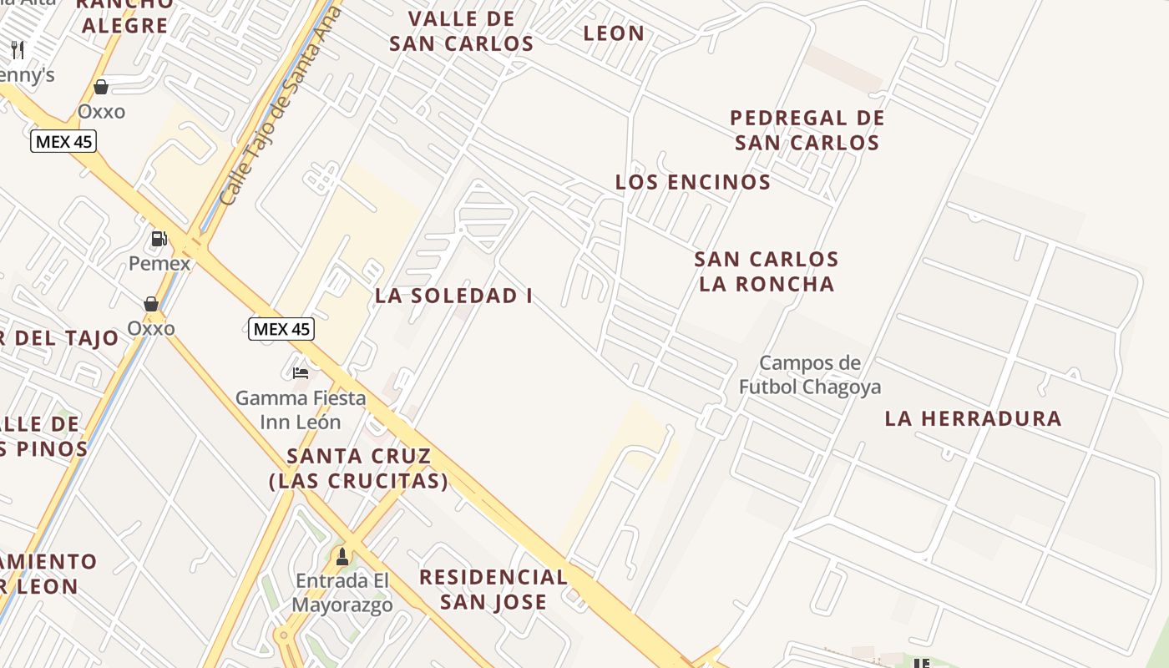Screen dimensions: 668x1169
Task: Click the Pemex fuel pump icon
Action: (x=158, y=239)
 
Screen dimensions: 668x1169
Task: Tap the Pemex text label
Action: (x=159, y=264)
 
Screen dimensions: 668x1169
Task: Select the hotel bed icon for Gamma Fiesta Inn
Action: (x=301, y=372)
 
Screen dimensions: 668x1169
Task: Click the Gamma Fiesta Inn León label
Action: (x=301, y=409)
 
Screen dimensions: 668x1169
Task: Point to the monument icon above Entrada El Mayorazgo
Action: (x=342, y=556)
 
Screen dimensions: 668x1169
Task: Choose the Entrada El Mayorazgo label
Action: (x=342, y=593)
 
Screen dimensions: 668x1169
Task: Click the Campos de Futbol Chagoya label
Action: (x=810, y=375)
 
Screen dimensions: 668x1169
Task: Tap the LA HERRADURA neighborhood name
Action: (x=973, y=418)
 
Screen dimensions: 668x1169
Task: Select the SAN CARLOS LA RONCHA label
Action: (x=767, y=271)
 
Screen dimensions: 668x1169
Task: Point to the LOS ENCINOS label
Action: (x=693, y=182)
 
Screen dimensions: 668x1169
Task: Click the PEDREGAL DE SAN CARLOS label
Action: (x=807, y=130)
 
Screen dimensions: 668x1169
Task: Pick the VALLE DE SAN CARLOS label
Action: (x=462, y=31)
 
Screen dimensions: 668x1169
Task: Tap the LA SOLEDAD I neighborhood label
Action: (x=453, y=296)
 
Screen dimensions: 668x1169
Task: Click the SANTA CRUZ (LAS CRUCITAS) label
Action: (x=359, y=468)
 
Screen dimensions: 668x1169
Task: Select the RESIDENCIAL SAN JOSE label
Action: (x=493, y=590)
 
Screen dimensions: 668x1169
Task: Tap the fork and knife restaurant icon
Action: (x=18, y=50)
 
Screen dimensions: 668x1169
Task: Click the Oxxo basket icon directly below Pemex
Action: (x=151, y=304)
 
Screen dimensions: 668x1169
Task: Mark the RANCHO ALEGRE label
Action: (x=125, y=15)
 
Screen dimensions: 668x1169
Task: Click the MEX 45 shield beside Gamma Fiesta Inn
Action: (x=281, y=329)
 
